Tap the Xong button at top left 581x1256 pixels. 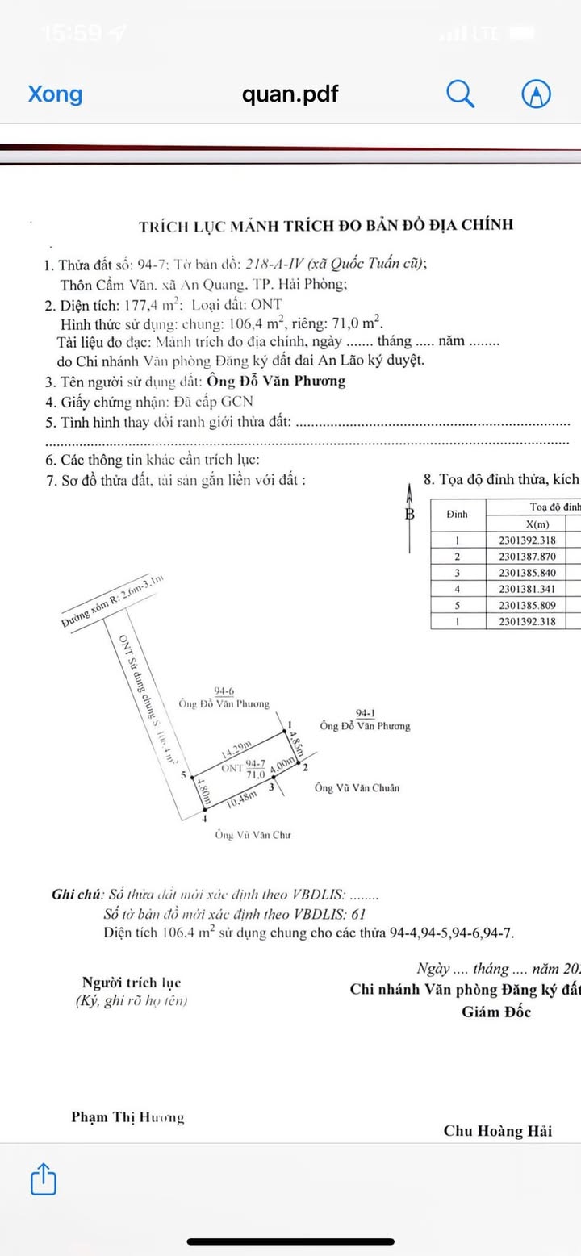55,94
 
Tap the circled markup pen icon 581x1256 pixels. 537,94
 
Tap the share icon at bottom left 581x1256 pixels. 44,1179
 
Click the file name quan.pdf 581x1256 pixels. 290,94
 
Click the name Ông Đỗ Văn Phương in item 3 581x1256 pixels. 276,381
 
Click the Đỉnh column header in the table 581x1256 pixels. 458,514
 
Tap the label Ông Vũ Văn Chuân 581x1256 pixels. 357,788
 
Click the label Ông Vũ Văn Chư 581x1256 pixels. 253,835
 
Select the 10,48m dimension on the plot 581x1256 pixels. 242,796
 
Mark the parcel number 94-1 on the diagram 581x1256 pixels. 365,713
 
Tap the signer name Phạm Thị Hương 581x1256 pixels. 127,1117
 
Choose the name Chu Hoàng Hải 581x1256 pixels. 498,1131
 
